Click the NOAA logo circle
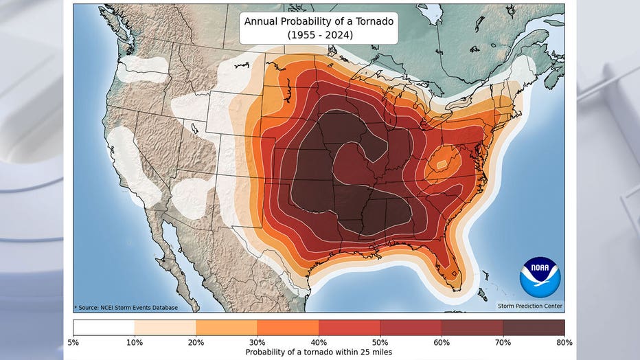540,278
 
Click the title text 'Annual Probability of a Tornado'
319,21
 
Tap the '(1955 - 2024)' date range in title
319,34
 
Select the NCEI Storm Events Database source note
126,307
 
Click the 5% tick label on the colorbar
74,341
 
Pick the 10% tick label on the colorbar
135,341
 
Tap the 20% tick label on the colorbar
196,341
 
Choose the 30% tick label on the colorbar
258,341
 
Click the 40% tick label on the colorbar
319,341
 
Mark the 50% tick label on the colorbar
380,341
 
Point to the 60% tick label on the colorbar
442,341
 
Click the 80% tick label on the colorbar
564,341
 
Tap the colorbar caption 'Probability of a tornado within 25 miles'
319,352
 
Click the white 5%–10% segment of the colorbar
104,327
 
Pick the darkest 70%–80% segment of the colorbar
534,327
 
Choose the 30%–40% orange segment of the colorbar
288,327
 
